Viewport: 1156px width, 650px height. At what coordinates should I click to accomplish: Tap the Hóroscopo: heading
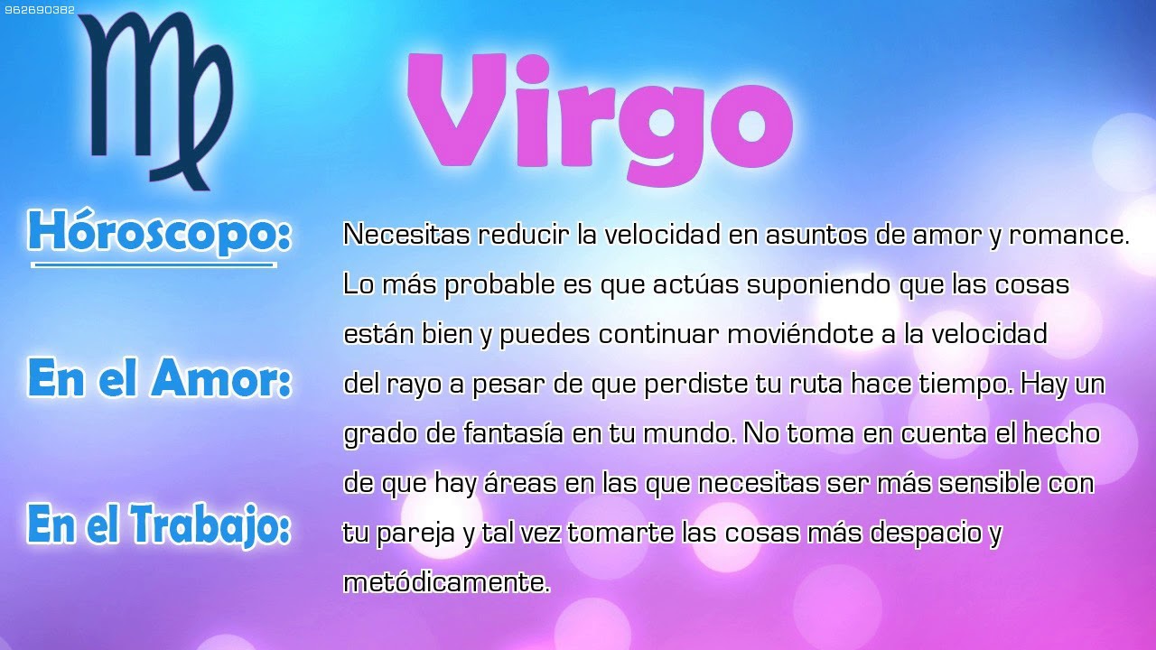click(x=159, y=233)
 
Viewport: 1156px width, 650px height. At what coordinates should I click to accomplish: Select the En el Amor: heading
click(x=159, y=378)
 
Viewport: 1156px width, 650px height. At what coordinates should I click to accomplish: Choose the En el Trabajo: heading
click(x=159, y=525)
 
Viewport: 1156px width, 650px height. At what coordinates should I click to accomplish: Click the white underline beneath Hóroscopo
click(x=154, y=265)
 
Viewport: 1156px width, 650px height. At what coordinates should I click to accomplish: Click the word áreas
click(x=522, y=483)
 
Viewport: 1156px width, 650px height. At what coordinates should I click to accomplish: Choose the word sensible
click(x=989, y=483)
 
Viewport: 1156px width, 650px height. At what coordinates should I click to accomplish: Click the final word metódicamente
click(x=446, y=582)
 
